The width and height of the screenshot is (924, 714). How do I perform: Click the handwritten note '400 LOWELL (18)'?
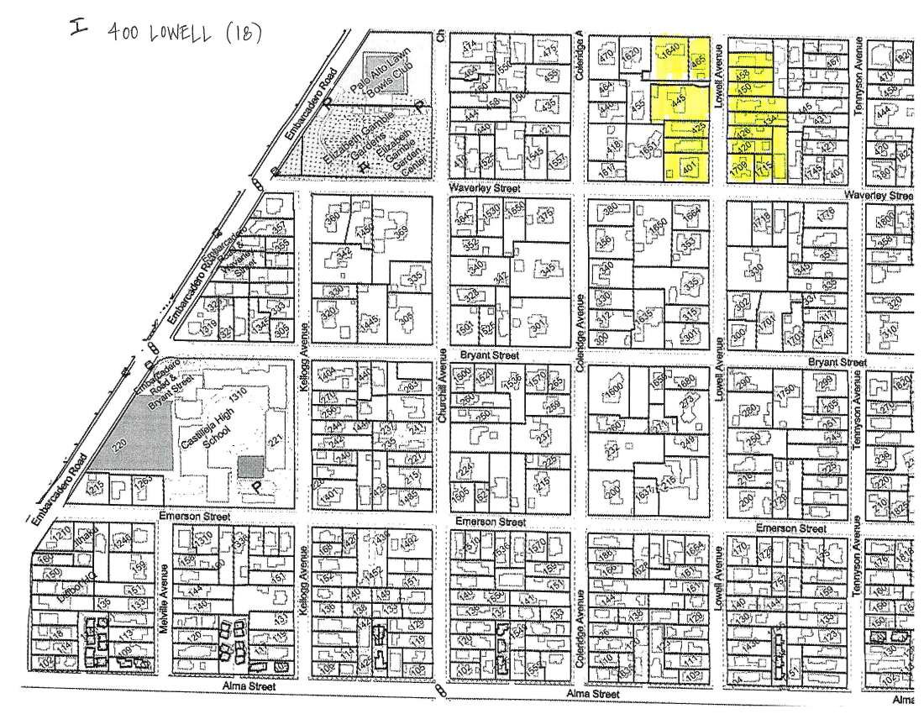[185, 31]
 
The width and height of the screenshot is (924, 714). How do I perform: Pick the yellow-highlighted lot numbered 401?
[690, 167]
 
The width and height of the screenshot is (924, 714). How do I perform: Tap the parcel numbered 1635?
[644, 320]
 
